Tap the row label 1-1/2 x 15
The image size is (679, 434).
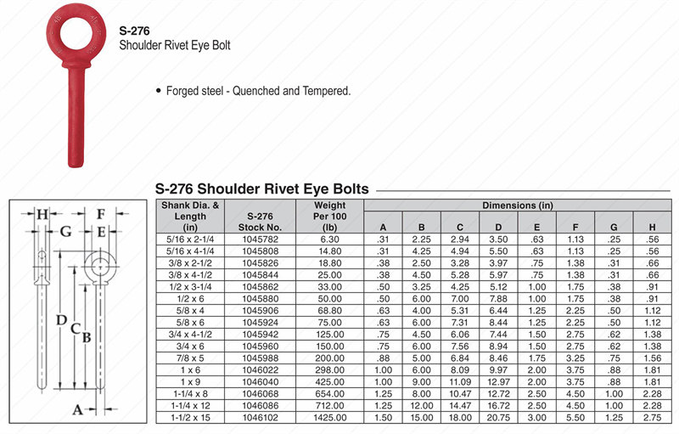(190, 419)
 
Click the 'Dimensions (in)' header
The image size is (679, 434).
(518, 206)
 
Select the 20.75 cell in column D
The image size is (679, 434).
(498, 419)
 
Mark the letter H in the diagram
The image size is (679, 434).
(42, 214)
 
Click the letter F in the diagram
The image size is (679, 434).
(100, 214)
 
